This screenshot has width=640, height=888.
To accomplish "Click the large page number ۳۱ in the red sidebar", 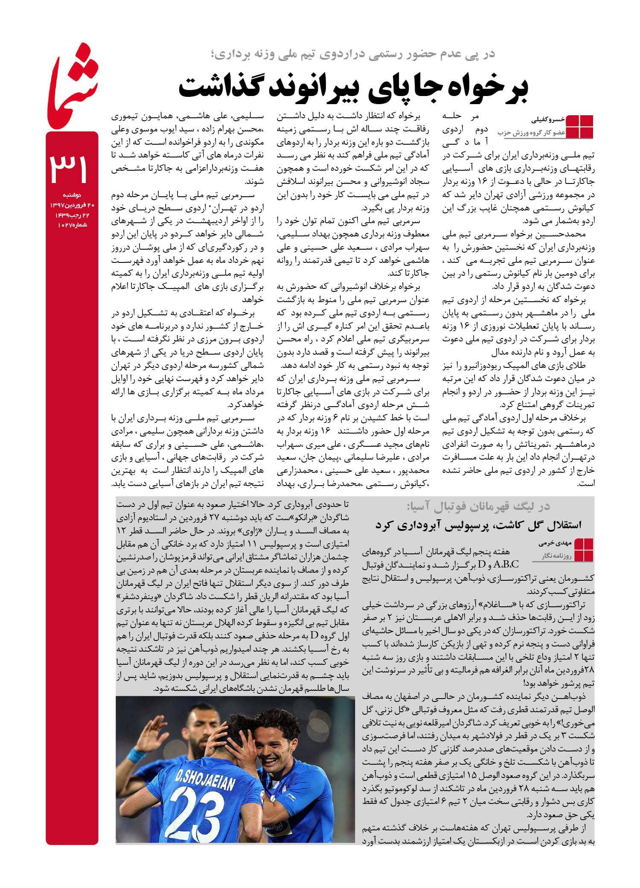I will (x=70, y=167).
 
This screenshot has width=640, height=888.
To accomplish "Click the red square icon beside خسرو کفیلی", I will (x=579, y=127).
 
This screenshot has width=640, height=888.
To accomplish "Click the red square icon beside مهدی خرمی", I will (x=583, y=550).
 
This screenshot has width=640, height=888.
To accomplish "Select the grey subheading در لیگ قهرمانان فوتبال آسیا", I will (x=478, y=507).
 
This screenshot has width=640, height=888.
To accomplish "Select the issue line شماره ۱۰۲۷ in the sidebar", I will (x=72, y=224).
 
